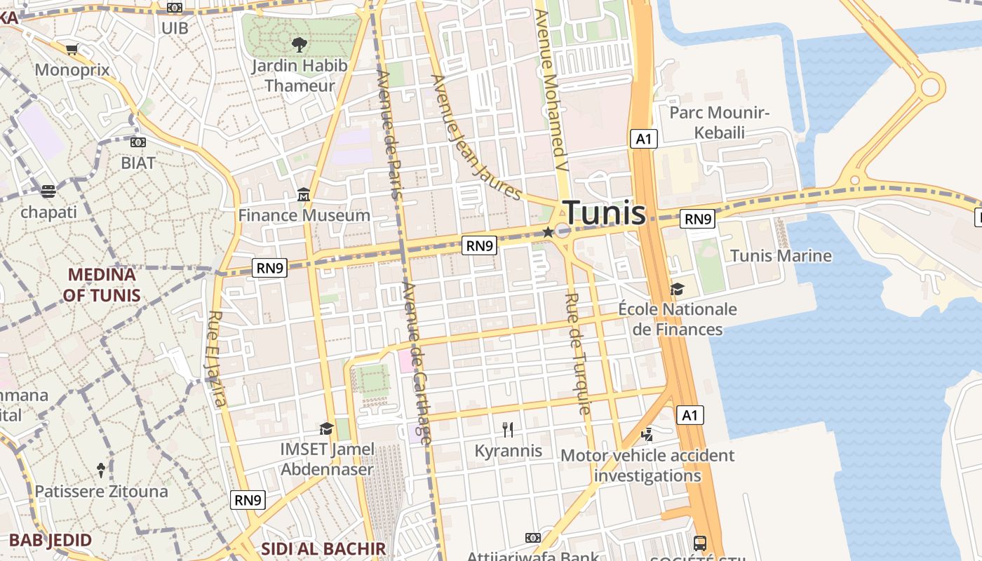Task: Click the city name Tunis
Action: point(604,212)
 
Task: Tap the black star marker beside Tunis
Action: point(548,231)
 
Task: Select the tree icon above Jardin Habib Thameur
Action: point(300,45)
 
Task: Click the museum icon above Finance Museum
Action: point(304,194)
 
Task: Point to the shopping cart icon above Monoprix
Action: point(72,49)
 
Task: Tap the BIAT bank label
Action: point(138,163)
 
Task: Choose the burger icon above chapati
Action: point(48,191)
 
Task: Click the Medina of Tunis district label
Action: point(102,285)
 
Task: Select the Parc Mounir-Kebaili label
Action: point(720,122)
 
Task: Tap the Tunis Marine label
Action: point(781,255)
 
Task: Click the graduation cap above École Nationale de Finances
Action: point(677,289)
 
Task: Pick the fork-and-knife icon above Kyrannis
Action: point(509,429)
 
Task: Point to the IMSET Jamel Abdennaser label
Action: point(328,459)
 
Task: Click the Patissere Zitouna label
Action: point(102,491)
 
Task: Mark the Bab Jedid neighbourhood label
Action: point(51,540)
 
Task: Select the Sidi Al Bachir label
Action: point(323,548)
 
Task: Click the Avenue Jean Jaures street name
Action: point(476,136)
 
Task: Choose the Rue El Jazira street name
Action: point(216,358)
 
